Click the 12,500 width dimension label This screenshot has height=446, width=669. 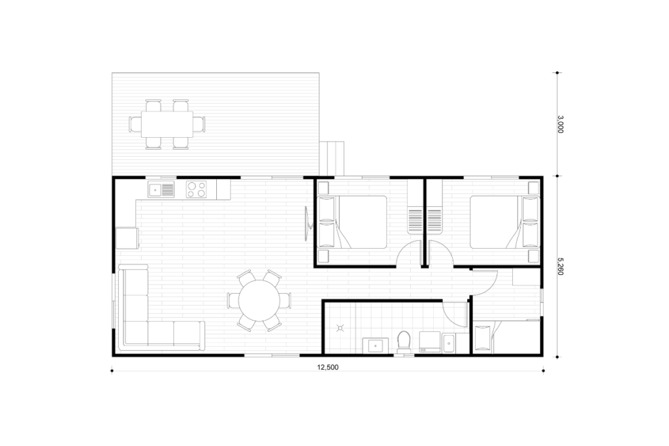click(x=328, y=367)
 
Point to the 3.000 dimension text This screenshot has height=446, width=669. click(x=560, y=124)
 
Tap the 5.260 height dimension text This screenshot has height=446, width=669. click(x=560, y=266)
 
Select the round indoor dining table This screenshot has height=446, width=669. click(x=259, y=300)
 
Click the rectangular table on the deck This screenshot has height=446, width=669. click(x=167, y=124)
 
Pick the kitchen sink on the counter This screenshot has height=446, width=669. click(x=161, y=189)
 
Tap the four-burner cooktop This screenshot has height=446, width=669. click(x=196, y=189)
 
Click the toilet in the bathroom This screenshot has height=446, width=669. click(x=403, y=342)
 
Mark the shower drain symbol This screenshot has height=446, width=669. click(x=340, y=328)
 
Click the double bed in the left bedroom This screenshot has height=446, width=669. click(x=352, y=222)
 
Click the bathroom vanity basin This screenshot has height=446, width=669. click(x=376, y=346)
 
